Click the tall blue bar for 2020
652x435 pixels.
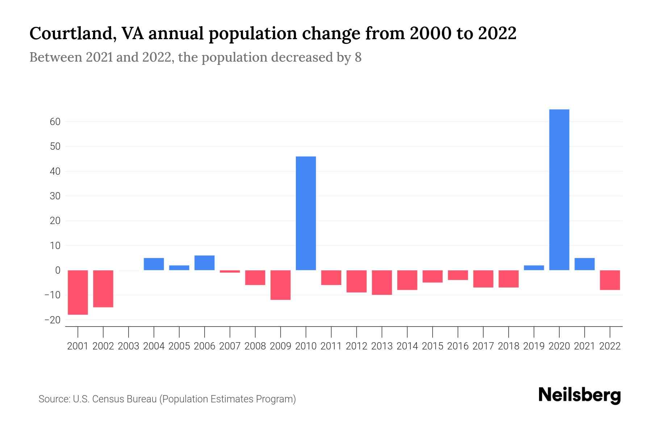pyautogui.click(x=559, y=190)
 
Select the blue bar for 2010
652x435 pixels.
pyautogui.click(x=306, y=213)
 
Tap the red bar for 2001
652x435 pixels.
pyautogui.click(x=78, y=292)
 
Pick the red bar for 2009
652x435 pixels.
pyautogui.click(x=280, y=285)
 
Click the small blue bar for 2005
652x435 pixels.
pyautogui.click(x=179, y=268)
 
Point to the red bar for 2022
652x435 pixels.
pyautogui.click(x=610, y=280)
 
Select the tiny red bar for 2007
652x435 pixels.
pyautogui.click(x=230, y=272)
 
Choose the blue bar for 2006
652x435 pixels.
pyautogui.click(x=205, y=263)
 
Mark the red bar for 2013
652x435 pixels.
pyautogui.click(x=382, y=282)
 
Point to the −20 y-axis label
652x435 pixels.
pyautogui.click(x=52, y=320)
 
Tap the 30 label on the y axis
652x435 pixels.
pyautogui.click(x=55, y=196)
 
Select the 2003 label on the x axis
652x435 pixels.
pyautogui.click(x=129, y=346)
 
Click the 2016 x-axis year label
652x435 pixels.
pyautogui.click(x=458, y=346)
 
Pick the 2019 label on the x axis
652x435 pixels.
pyautogui.click(x=534, y=346)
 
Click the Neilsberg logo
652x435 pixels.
pyautogui.click(x=580, y=395)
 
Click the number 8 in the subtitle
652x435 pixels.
pyautogui.click(x=358, y=57)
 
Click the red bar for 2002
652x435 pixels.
pyautogui.click(x=103, y=289)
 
